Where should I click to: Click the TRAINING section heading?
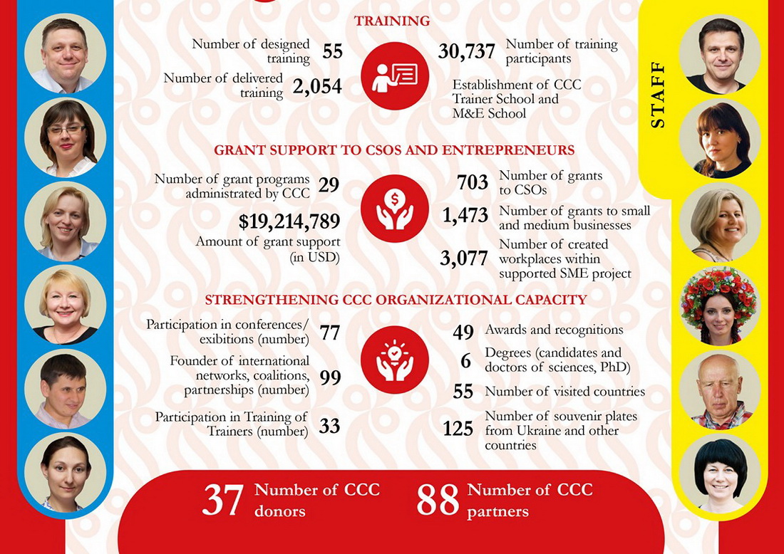[392, 21]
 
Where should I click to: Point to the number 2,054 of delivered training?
[317, 87]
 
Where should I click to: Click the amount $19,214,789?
[289, 221]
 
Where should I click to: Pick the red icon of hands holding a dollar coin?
[394, 209]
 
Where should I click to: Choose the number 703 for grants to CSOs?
[473, 182]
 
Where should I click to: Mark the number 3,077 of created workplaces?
[464, 258]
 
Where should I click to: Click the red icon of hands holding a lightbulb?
[394, 360]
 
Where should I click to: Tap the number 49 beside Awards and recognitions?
[463, 331]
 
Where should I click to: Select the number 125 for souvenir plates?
[458, 428]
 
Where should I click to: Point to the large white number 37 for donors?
[223, 500]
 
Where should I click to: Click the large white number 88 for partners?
[437, 500]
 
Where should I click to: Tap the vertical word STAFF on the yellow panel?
[658, 95]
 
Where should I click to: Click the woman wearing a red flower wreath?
[719, 306]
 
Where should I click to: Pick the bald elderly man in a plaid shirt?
[719, 390]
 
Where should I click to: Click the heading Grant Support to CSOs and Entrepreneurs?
[394, 151]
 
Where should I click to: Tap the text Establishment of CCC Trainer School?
[517, 92]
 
